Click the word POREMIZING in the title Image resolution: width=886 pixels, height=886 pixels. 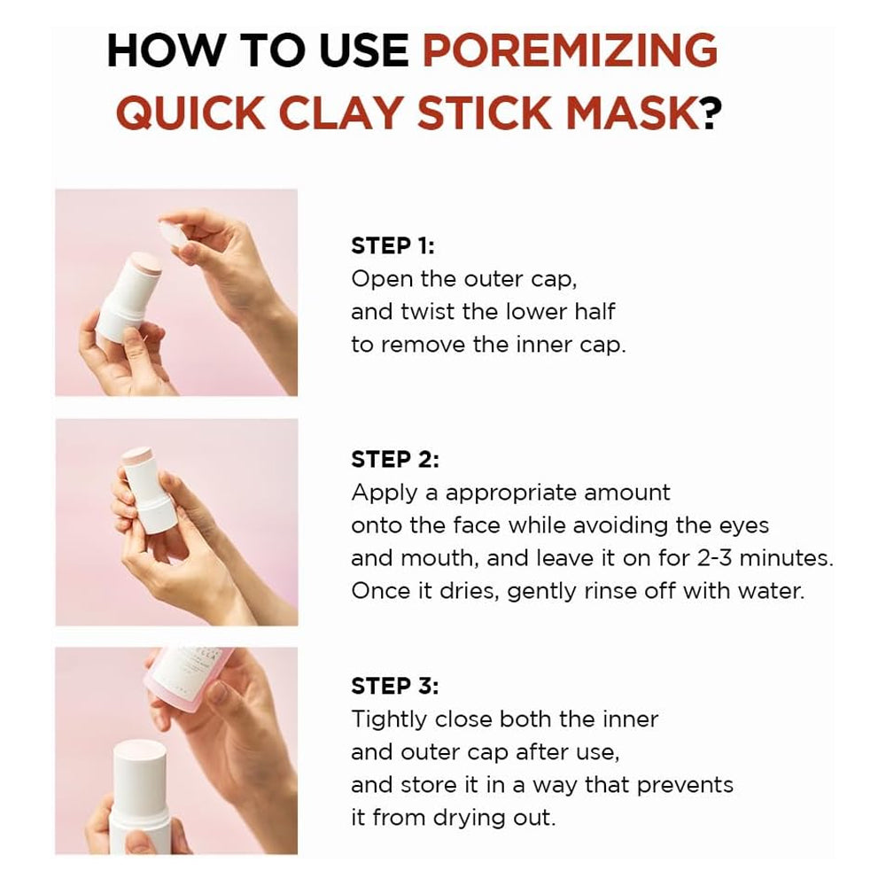click(570, 51)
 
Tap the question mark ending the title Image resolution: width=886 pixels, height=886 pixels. click(711, 113)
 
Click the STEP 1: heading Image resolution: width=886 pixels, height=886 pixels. click(392, 245)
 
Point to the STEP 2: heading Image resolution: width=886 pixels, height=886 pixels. click(395, 459)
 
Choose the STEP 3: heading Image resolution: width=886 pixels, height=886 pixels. click(395, 686)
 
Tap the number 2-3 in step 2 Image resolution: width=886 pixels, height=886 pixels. click(714, 558)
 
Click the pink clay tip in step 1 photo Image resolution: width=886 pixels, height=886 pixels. click(144, 261)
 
